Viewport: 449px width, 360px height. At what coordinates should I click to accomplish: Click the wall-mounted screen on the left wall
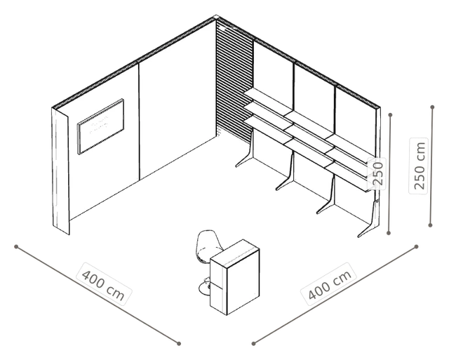(x=100, y=126)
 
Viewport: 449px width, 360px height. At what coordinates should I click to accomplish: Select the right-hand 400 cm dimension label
(x=329, y=284)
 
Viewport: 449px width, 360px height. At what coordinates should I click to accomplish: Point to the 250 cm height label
(x=419, y=166)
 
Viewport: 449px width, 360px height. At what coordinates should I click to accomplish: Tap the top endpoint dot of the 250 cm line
(x=432, y=107)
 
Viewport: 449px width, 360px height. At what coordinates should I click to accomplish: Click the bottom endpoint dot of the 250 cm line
(x=430, y=225)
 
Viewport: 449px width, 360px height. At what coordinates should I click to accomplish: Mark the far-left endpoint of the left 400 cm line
(x=16, y=246)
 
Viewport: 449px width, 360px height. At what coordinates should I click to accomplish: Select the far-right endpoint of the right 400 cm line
(x=416, y=246)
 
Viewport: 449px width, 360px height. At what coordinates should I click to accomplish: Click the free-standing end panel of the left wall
(x=61, y=171)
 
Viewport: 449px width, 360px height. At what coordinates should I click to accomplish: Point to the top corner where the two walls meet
(x=216, y=17)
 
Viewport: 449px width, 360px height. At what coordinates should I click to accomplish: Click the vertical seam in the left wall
(x=139, y=121)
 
